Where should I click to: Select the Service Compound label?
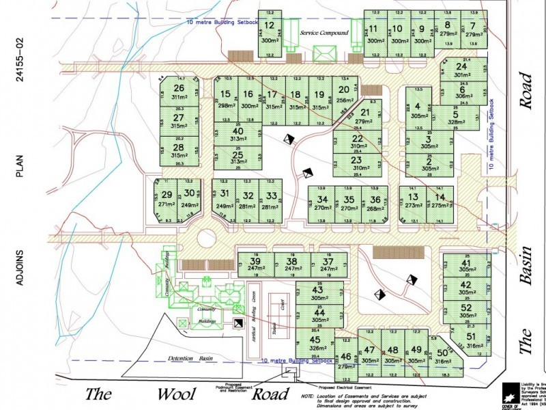(x=324, y=33)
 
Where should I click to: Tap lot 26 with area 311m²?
(x=179, y=93)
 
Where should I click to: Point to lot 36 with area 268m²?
(x=375, y=204)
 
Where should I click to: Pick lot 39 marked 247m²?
(x=255, y=265)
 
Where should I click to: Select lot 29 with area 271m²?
(x=166, y=197)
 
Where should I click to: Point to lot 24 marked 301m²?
(x=462, y=70)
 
